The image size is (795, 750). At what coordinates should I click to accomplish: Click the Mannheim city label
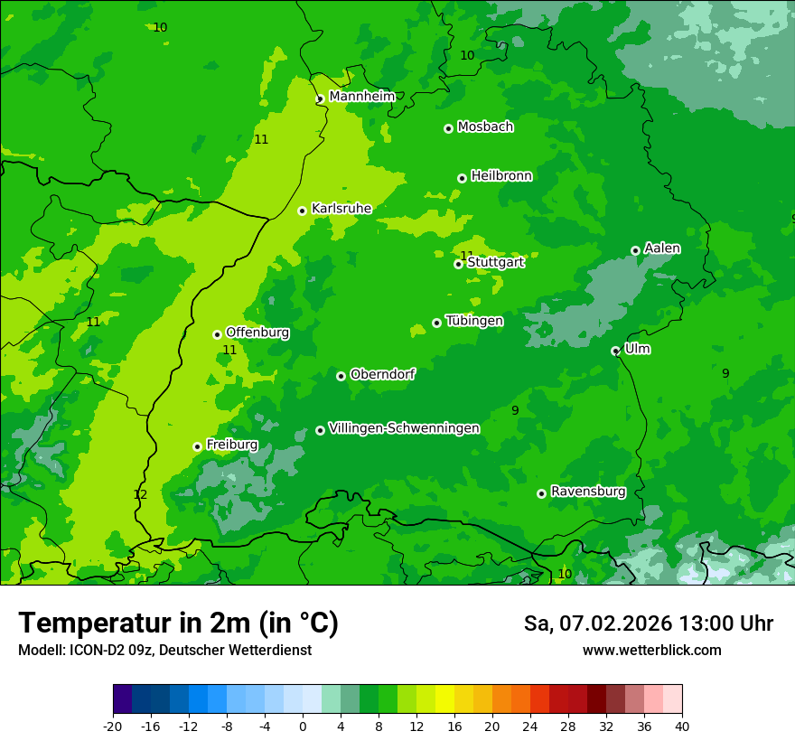point(361,96)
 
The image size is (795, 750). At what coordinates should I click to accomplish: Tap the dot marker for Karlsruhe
point(303,211)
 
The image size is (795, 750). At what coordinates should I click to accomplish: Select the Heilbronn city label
point(501,175)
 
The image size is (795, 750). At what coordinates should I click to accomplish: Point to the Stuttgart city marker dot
point(458,264)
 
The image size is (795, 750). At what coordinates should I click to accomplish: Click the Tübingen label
point(474,321)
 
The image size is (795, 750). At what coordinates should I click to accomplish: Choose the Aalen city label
point(662,248)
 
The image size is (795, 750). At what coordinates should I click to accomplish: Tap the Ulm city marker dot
point(615,351)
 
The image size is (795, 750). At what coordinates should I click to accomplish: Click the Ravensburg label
point(588,492)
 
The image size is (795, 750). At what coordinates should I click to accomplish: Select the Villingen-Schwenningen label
point(404,427)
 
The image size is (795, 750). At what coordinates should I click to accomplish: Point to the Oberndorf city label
point(382,373)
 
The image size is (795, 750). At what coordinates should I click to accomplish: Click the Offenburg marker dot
point(217,334)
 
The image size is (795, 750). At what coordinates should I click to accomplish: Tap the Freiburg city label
point(231,445)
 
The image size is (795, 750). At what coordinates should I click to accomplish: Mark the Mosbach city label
point(485,127)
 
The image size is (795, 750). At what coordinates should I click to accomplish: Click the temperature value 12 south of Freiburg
point(140,494)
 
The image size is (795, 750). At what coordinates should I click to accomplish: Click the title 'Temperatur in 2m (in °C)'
point(178,623)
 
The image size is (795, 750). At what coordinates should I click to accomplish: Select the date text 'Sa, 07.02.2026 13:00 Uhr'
point(648,623)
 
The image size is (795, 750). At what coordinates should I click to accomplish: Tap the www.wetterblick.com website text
point(651,650)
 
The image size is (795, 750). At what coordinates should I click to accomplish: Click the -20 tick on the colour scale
point(113,726)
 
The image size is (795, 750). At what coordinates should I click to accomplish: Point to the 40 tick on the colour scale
point(682,726)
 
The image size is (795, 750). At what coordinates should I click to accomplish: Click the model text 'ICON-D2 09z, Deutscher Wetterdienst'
point(164,650)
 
